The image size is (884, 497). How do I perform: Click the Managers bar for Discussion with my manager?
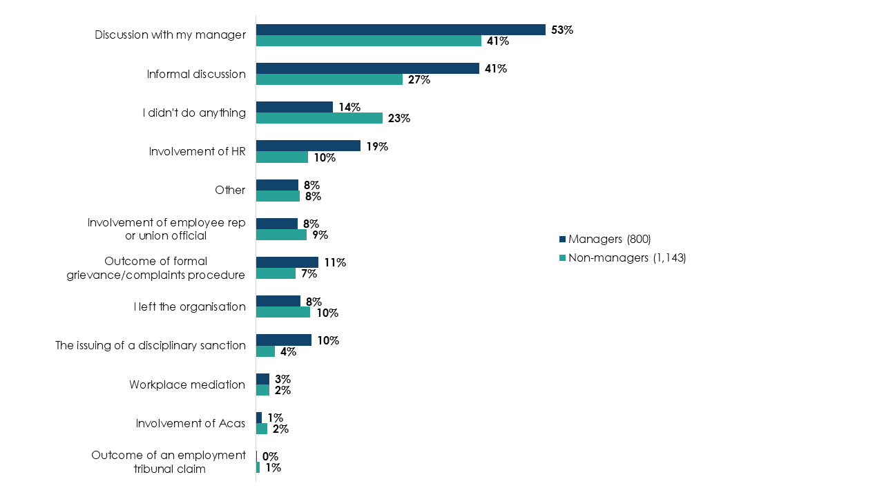click(401, 30)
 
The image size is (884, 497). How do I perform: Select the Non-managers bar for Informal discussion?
click(329, 79)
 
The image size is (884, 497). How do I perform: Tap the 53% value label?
click(562, 30)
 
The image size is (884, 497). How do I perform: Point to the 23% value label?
click(399, 118)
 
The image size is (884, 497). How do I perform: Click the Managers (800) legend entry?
click(605, 240)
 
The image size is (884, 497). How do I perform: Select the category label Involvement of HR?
click(198, 151)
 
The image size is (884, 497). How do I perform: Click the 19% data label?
click(377, 146)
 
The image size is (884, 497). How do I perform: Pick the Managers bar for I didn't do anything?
click(294, 107)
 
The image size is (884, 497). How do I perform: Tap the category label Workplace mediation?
click(187, 384)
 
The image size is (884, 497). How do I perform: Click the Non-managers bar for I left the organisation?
click(283, 313)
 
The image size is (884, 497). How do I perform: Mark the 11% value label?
click(335, 262)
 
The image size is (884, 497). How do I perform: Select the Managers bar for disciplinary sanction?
click(284, 340)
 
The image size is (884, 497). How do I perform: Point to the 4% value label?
click(288, 351)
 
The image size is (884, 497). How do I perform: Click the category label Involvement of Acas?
click(191, 423)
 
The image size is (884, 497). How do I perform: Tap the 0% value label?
click(270, 456)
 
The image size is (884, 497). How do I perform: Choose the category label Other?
click(230, 190)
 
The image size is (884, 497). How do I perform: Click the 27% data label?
click(419, 79)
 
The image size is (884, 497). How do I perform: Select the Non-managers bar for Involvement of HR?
click(282, 157)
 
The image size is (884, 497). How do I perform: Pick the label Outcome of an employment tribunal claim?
click(169, 462)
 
